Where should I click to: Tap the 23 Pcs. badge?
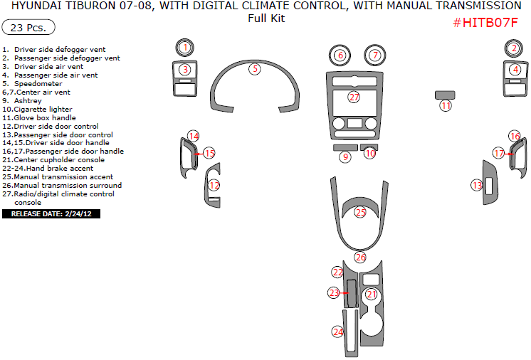pyautogui.click(x=29, y=28)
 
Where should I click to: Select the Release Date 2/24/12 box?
pyautogui.click(x=51, y=213)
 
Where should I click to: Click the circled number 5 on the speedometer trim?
pyautogui.click(x=255, y=69)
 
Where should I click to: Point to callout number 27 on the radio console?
pyautogui.click(x=354, y=97)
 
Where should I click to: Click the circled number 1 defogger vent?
pyautogui.click(x=184, y=48)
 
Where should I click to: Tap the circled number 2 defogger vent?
pyautogui.click(x=514, y=48)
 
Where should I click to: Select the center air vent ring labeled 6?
pyautogui.click(x=340, y=55)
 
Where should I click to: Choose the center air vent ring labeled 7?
pyautogui.click(x=375, y=55)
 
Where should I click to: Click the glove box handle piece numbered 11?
pyautogui.click(x=446, y=105)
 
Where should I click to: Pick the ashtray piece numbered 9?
pyautogui.click(x=345, y=157)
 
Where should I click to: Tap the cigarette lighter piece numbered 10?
pyautogui.click(x=370, y=152)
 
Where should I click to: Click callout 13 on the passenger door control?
pyautogui.click(x=477, y=185)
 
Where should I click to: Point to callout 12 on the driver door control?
pyautogui.click(x=214, y=185)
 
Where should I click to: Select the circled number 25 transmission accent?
pyautogui.click(x=361, y=212)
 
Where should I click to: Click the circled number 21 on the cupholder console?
pyautogui.click(x=371, y=294)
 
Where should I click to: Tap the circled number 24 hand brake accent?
pyautogui.click(x=338, y=332)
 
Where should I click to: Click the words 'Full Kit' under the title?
pyautogui.click(x=265, y=18)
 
